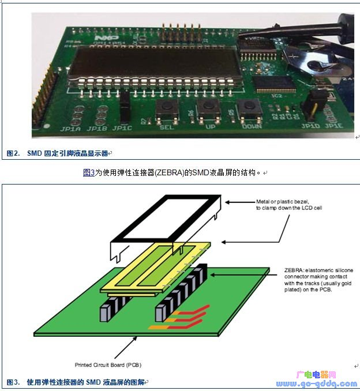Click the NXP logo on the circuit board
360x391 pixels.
[x=99, y=36]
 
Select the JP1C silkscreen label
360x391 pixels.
[x=122, y=128]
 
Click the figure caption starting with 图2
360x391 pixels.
[x=58, y=153]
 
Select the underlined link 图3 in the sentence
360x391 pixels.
[x=89, y=172]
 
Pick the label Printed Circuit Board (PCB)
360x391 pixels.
[x=108, y=364]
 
